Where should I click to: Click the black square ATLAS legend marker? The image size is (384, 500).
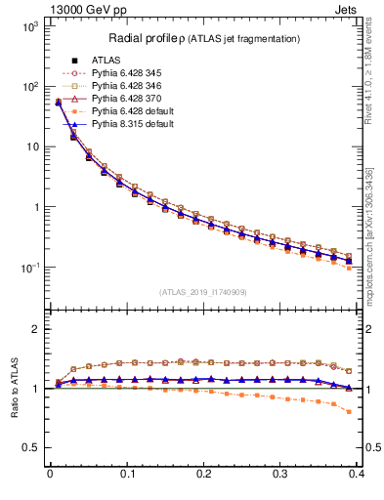pyautogui.click(x=74, y=61)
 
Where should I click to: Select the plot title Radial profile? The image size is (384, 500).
pyautogui.click(x=145, y=38)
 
